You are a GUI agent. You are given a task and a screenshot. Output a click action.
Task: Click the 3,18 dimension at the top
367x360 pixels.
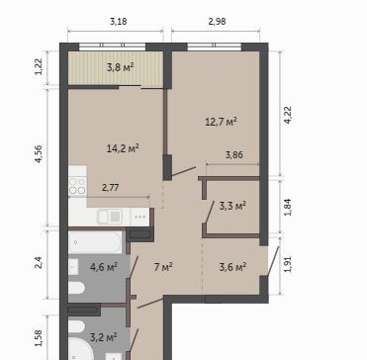pos(119,22)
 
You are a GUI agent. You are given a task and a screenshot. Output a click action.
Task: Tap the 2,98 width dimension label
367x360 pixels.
pos(218,22)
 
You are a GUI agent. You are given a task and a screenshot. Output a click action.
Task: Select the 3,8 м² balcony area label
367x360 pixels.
pos(121,67)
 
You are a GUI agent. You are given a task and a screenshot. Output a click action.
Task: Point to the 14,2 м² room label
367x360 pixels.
pos(123,148)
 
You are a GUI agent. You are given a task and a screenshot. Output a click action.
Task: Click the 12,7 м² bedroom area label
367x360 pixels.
pos(222,122)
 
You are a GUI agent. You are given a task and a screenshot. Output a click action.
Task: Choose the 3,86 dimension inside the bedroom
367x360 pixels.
pos(234,154)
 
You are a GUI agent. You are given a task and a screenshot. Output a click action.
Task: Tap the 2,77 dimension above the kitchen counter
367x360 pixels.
pos(111,188)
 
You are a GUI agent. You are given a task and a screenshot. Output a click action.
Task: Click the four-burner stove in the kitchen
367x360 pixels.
pos(77,186)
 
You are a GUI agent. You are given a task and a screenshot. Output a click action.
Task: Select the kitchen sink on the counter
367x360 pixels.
pos(110,217)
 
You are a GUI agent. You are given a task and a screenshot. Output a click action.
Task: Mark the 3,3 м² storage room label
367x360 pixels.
pos(232,207)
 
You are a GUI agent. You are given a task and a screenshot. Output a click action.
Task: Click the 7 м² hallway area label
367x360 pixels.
pos(163,267)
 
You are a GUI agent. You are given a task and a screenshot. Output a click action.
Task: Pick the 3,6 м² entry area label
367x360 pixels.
pos(232,267)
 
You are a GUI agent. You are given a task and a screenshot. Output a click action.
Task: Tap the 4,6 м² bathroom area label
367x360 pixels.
pos(104,267)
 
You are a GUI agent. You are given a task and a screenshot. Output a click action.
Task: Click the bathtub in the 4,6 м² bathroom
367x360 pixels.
pos(95,242)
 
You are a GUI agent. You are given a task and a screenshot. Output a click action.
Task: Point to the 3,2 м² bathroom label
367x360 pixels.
pos(104,337)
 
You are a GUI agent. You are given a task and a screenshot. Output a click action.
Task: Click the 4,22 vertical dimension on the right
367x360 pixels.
pos(288,115)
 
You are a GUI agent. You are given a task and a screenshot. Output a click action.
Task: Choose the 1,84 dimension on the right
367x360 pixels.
pos(288,208)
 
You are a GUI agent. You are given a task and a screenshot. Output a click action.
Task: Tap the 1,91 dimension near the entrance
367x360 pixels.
pos(288,264)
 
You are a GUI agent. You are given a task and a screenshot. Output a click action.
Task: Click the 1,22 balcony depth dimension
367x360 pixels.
pos(40,66)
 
